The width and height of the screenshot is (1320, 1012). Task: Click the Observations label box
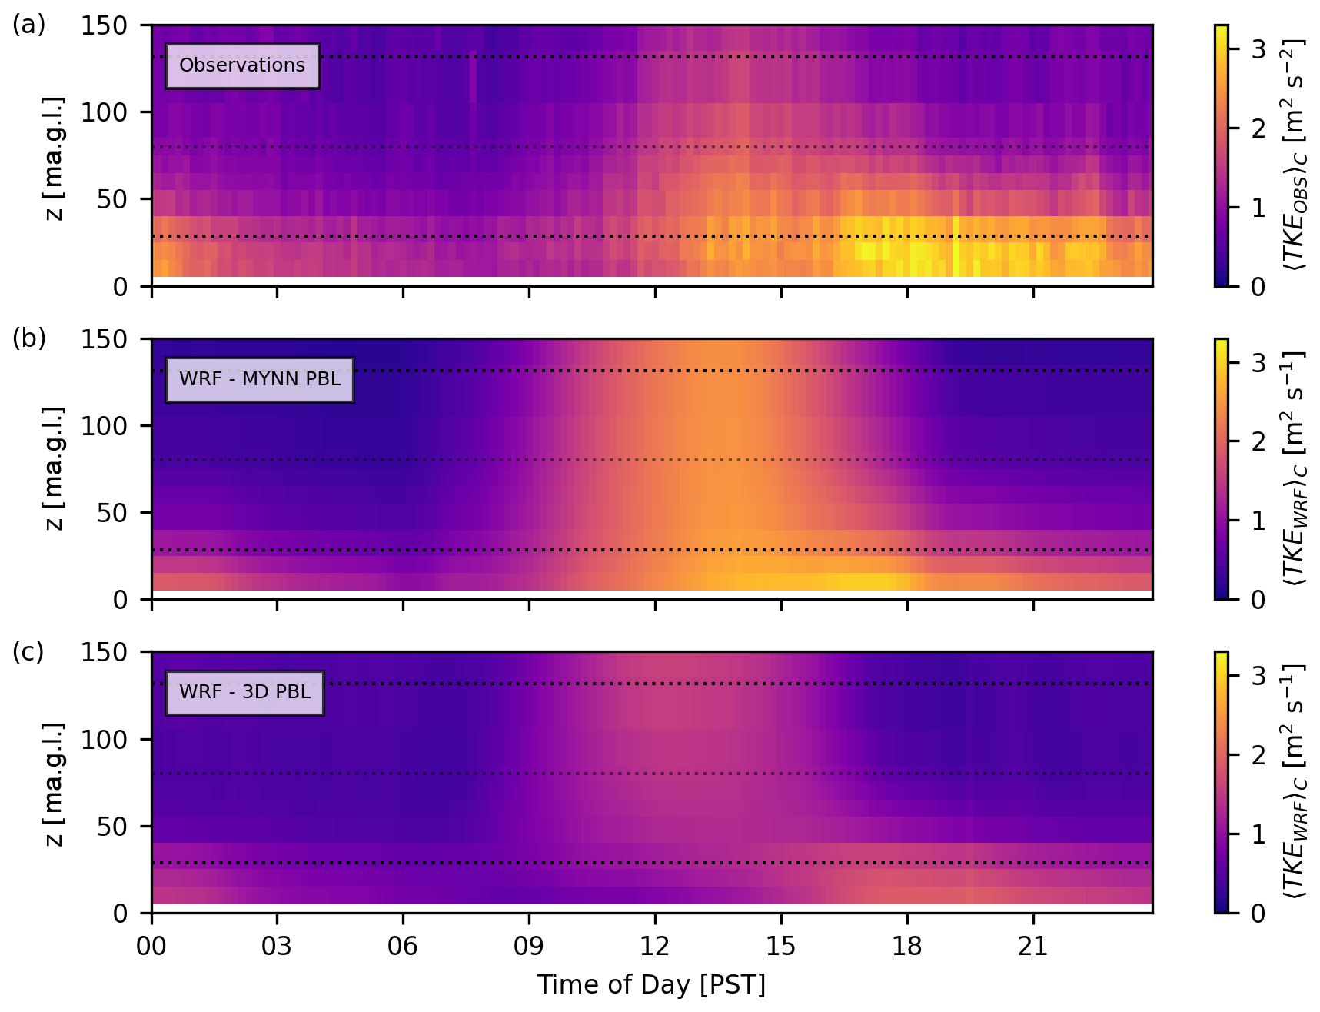[x=242, y=65]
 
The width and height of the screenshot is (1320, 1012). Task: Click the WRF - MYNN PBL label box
[x=260, y=379]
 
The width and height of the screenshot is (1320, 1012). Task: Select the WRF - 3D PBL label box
[x=244, y=692]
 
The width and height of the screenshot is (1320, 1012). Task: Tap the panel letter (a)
[x=28, y=25]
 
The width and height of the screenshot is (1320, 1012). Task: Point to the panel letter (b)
[x=28, y=338]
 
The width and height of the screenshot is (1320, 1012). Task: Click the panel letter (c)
[x=28, y=651]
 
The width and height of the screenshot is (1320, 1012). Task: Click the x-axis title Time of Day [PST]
[x=651, y=984]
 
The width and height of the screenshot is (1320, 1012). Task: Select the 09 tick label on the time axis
[x=529, y=946]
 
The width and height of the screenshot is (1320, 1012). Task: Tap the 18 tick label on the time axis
[x=907, y=946]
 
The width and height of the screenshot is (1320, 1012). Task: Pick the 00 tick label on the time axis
[x=151, y=946]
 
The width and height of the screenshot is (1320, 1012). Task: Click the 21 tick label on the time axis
[x=1033, y=946]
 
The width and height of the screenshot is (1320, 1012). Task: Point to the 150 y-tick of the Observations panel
[x=105, y=25]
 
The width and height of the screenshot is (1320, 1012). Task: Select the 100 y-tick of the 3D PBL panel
[x=105, y=740]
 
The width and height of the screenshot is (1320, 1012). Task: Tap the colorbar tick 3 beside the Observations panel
[x=1258, y=49]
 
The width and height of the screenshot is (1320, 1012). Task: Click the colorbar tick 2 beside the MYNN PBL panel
[x=1258, y=442]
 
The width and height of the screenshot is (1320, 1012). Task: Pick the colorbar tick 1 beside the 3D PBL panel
[x=1258, y=834]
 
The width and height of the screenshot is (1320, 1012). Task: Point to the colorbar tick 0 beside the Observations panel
[x=1258, y=287]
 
